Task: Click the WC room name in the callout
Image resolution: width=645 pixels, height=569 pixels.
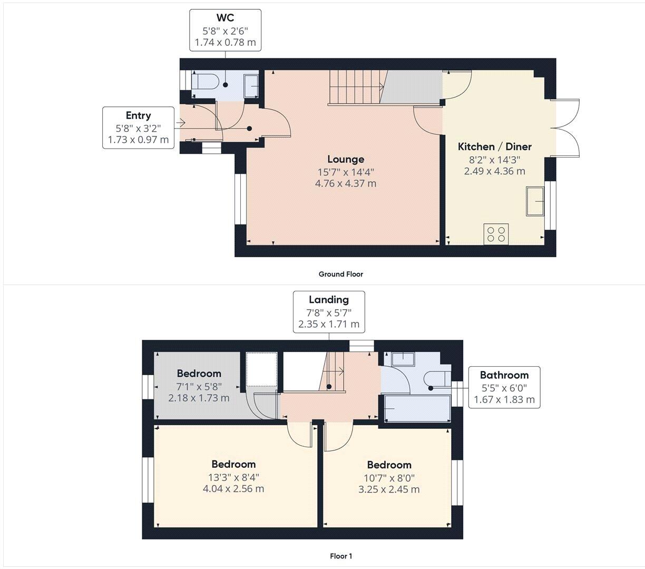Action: point(225,18)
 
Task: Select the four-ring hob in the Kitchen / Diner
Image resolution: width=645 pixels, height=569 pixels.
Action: point(496,233)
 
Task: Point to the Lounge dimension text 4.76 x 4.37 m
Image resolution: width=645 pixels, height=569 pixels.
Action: point(345,184)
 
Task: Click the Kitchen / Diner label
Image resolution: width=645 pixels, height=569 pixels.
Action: point(494,147)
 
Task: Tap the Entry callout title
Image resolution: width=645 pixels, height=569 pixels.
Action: point(138,116)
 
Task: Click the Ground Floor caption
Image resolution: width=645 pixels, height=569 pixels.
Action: point(340,274)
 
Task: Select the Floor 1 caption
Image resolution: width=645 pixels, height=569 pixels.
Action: point(340,556)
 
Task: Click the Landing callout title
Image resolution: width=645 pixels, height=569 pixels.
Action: point(328,300)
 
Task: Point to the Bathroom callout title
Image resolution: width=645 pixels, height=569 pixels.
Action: point(504,375)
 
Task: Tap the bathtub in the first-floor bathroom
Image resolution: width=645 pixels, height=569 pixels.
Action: point(417,409)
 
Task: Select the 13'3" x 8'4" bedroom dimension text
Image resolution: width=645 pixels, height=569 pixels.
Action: point(233,477)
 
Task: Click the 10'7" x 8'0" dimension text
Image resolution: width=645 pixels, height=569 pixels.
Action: point(389,478)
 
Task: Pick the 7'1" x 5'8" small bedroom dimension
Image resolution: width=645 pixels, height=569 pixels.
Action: point(199,386)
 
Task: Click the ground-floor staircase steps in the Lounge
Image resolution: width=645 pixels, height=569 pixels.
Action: point(356,87)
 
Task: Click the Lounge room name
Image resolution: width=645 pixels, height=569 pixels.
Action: point(345,159)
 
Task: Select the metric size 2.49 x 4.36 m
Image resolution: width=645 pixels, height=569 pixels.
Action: point(494,171)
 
